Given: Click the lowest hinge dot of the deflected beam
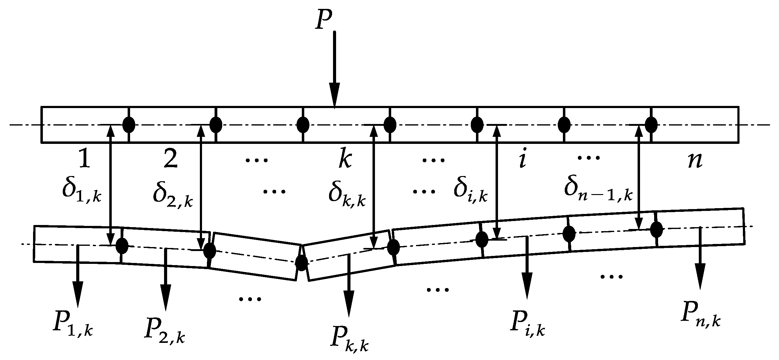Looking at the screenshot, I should click(301, 263).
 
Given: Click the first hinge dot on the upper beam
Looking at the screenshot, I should click(129, 125).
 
